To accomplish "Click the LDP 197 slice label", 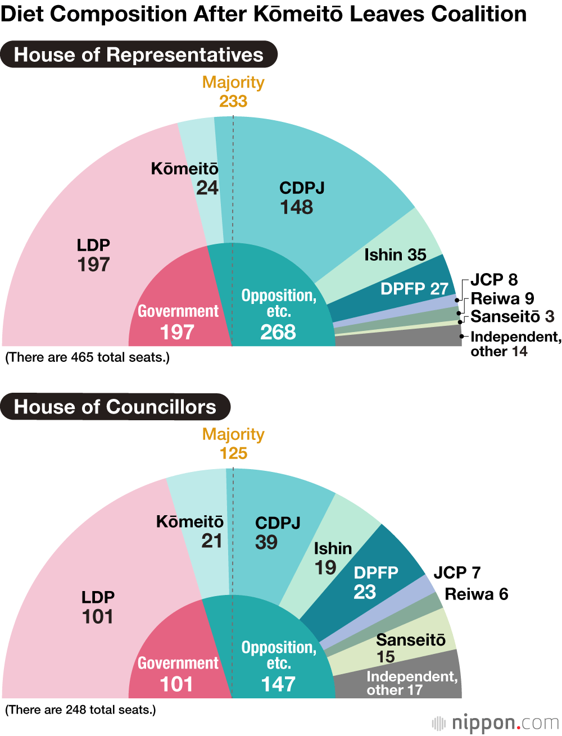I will tap(93, 255).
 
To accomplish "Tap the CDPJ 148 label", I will tap(301, 198).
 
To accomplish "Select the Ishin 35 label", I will tap(395, 255).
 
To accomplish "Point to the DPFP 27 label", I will tap(414, 289).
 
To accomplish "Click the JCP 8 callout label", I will tap(494, 279).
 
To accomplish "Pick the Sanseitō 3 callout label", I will tap(512, 317).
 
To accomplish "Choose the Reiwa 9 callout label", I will tap(502, 298).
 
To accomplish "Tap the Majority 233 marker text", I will tap(233, 92).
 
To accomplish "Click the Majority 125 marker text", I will tap(233, 444).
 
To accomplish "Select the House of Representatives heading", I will tap(139, 54).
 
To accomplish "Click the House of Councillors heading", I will tap(115, 407).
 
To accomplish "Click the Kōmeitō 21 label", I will tap(190, 531).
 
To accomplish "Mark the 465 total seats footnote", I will tap(87, 357).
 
